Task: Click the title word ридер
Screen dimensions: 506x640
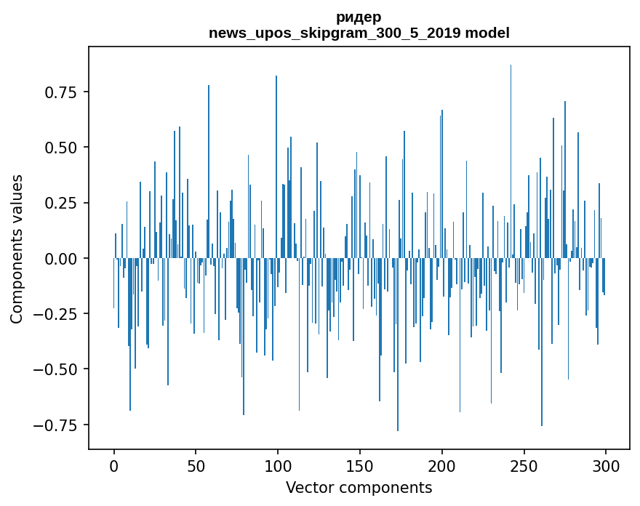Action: (359, 17)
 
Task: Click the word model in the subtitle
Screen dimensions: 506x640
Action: (488, 33)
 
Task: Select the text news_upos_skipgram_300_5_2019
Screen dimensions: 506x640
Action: (336, 33)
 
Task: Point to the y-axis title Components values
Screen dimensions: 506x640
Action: (17, 249)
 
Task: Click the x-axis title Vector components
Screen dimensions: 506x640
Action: (359, 487)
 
